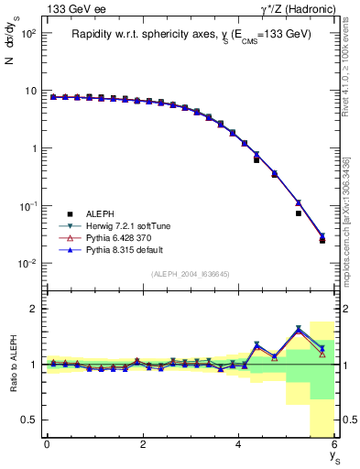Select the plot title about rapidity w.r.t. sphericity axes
click(192, 34)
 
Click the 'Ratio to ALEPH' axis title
click(14, 364)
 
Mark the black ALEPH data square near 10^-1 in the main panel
click(299, 213)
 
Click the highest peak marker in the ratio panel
click(299, 329)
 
